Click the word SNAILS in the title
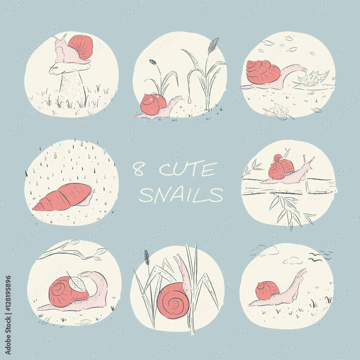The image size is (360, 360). point(181,195)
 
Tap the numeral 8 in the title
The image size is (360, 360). point(139,169)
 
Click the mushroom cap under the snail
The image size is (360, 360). point(69,68)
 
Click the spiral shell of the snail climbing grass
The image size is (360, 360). point(174,301)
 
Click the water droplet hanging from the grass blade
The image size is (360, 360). point(190,99)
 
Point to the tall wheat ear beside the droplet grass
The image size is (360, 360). point(213,45)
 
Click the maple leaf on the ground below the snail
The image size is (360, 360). point(278,112)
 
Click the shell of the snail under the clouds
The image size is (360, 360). point(267,291)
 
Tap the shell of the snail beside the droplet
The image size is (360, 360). point(153,104)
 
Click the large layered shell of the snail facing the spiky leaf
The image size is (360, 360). point(263,72)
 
